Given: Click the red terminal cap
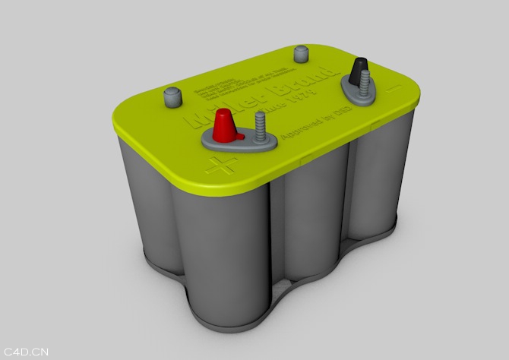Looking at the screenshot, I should pos(225,125).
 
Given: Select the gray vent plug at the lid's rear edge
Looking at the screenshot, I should pos(300,54).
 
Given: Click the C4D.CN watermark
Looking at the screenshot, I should pos(27,352).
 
